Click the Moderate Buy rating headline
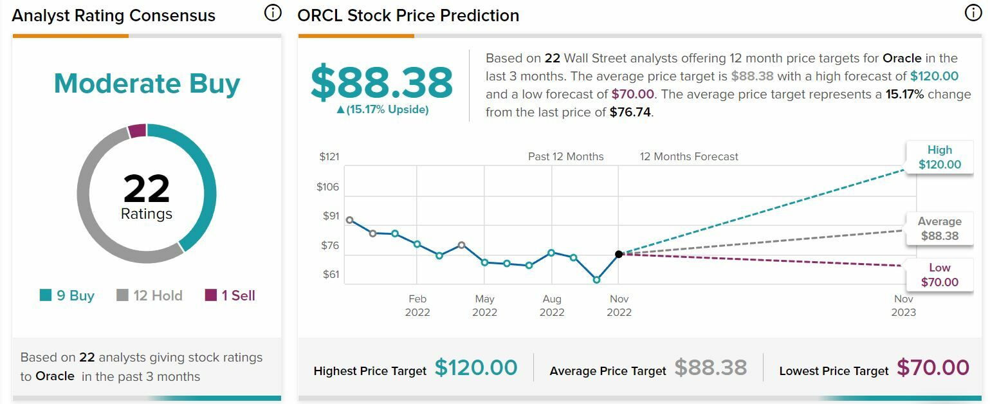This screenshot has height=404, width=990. [147, 84]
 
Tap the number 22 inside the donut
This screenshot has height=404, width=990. [147, 188]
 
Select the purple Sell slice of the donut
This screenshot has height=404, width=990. [137, 131]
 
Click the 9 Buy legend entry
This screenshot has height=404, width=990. [67, 296]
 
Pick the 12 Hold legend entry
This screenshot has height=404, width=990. [149, 296]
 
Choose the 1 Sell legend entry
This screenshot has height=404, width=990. [230, 296]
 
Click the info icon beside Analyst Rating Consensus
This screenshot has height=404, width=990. [273, 13]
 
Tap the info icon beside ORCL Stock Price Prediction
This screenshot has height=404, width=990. [973, 13]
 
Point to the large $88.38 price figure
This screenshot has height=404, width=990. [381, 82]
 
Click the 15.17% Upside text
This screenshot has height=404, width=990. [382, 110]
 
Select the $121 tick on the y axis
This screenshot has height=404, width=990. [329, 157]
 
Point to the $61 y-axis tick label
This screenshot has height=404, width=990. [331, 275]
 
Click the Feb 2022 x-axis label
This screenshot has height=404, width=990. [417, 306]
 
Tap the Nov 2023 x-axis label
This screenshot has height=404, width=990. [904, 306]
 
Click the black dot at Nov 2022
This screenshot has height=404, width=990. [619, 254]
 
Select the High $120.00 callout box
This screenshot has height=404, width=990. [939, 158]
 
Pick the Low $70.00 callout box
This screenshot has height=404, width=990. [939, 275]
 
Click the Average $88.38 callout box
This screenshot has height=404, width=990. [939, 229]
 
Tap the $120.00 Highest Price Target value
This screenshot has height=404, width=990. [476, 368]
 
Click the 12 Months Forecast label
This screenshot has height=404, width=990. [689, 157]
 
